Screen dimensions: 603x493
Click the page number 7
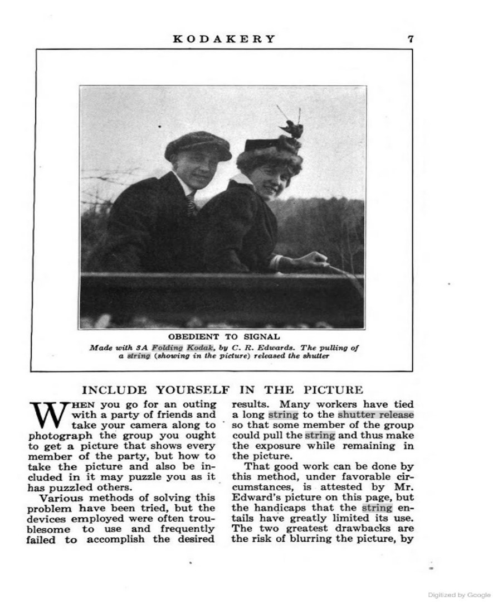[411, 39]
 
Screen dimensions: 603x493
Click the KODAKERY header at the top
[224, 39]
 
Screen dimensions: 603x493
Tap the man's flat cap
[198, 144]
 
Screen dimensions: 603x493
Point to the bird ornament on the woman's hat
[292, 129]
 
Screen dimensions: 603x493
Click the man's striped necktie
[191, 204]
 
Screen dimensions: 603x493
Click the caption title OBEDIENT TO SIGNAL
[224, 337]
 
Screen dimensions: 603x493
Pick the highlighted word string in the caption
[139, 356]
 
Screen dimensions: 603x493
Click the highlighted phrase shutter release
[375, 414]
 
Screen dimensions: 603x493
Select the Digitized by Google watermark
[459, 595]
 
